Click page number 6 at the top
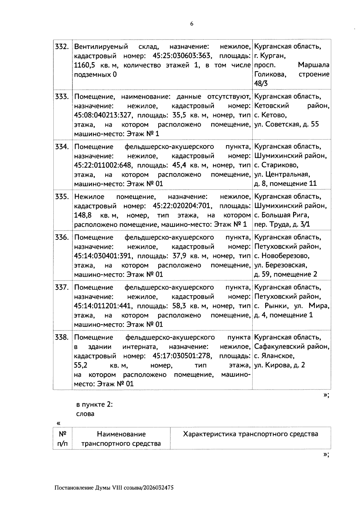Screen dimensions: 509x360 pyautogui.click(x=192, y=24)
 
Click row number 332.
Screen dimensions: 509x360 pyautogui.click(x=62, y=47)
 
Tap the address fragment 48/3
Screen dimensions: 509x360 pyautogui.click(x=261, y=84)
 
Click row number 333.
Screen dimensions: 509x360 pyautogui.click(x=62, y=97)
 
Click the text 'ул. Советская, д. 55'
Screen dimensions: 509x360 pyautogui.click(x=286, y=124)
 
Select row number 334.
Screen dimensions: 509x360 pyautogui.click(x=62, y=147)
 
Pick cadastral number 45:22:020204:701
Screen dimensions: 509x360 pyautogui.click(x=183, y=206)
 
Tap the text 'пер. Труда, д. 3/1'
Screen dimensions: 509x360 pyautogui.click(x=282, y=224)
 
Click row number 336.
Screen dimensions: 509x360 pyautogui.click(x=62, y=238)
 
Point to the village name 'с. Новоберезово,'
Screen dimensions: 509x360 pyautogui.click(x=282, y=256)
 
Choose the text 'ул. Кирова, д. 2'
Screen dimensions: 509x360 pyautogui.click(x=279, y=366)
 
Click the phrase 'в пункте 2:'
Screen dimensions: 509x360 pyautogui.click(x=94, y=404)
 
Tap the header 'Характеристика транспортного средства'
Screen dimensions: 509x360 pyautogui.click(x=250, y=434)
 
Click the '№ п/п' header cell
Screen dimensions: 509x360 pyautogui.click(x=62, y=438)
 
